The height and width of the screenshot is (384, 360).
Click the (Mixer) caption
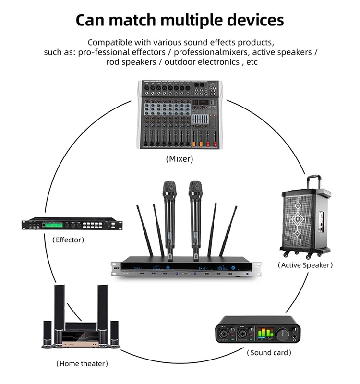pyautogui.click(x=180, y=159)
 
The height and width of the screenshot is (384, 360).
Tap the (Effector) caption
pyautogui.click(x=68, y=240)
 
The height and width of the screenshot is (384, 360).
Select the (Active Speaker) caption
pyautogui.click(x=305, y=265)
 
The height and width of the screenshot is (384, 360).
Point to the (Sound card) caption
pyautogui.click(x=269, y=353)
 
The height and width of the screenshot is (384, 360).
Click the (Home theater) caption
pyautogui.click(x=82, y=364)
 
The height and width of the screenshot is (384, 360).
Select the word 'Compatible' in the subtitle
pyautogui.click(x=110, y=42)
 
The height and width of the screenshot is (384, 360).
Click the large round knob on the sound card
pyautogui.click(x=285, y=332)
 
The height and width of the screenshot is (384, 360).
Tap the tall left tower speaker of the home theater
pyautogui.click(x=59, y=312)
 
